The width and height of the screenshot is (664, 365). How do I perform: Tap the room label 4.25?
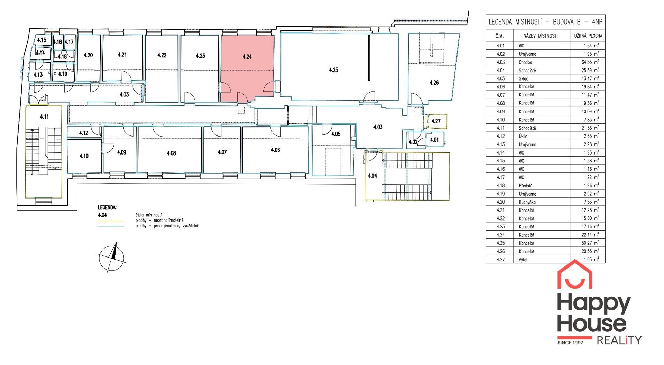333,70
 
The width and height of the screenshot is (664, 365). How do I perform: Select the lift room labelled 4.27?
436,121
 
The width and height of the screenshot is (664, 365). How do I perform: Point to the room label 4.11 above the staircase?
44,117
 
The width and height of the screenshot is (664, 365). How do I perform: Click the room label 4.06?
275,150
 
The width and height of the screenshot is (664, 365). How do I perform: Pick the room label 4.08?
171,153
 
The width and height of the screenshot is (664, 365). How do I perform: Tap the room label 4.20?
88,55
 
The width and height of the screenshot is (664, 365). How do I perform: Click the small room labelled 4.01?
434,140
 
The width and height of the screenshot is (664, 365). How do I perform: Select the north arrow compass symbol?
111,258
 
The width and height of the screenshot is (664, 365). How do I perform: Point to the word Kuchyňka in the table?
527,202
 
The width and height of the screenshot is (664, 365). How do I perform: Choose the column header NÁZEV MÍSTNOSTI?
541,36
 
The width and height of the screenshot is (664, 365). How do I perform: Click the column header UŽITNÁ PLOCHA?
588,36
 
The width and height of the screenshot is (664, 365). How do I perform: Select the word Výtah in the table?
524,260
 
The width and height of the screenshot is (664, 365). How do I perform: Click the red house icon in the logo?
575,274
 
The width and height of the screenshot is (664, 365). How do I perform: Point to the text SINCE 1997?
570,343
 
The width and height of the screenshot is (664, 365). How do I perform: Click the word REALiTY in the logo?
619,340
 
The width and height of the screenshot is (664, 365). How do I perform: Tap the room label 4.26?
434,83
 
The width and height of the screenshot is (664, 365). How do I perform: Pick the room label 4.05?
336,134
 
